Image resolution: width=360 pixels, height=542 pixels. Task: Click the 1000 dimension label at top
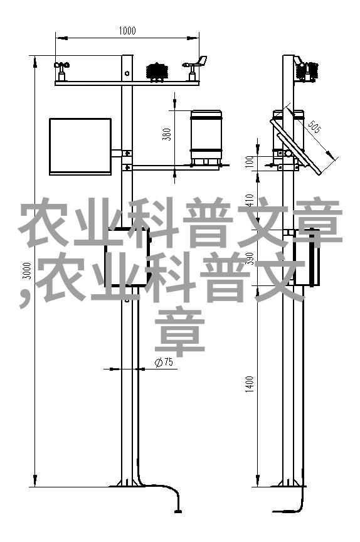[x=127, y=31]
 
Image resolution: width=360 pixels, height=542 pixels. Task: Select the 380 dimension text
[x=167, y=134]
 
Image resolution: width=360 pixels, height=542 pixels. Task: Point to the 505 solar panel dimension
[x=314, y=126]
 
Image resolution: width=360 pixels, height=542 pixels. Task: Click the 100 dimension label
[x=250, y=161]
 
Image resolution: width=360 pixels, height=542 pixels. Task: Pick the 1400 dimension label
[x=250, y=384]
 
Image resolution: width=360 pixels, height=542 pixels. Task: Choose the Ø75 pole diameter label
[x=164, y=362]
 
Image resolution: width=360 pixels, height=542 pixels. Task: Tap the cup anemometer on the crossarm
[x=61, y=71]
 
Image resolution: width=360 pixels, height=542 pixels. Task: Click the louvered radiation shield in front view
[x=157, y=72]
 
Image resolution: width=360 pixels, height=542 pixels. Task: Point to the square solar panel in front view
[x=80, y=146]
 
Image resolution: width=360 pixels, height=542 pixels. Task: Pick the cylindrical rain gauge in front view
[x=206, y=137]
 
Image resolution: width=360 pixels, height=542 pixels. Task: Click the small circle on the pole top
[x=127, y=73]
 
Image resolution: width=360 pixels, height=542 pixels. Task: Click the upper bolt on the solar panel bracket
[x=127, y=152]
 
